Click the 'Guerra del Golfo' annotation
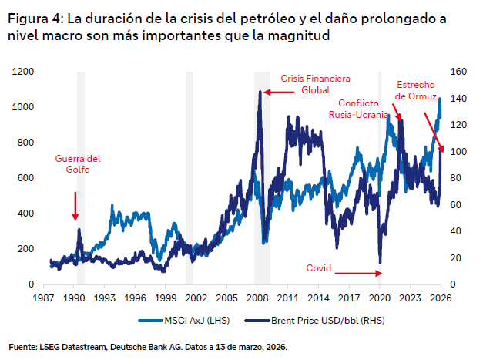(78, 164)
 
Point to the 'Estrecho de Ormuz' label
(416, 89)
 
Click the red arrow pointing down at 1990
(75, 206)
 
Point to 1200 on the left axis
(24, 72)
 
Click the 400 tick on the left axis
(27, 214)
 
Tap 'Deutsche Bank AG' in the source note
(162, 347)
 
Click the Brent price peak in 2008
(260, 91)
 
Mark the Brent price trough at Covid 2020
(380, 263)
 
